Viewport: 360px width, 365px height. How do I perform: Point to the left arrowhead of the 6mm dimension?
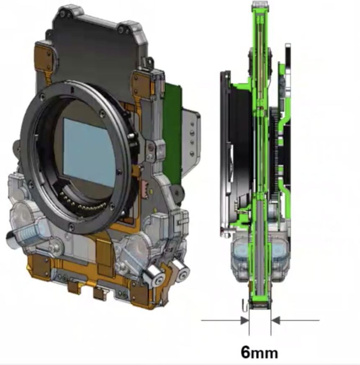pos(245,321)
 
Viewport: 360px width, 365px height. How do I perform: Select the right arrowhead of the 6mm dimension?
pos(275,321)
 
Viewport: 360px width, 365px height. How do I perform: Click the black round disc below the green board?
pos(177,193)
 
